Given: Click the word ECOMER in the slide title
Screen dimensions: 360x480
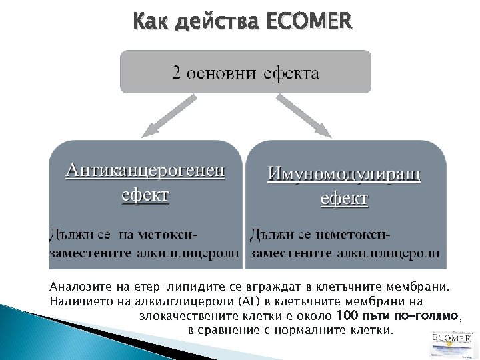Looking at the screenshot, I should [x=308, y=23].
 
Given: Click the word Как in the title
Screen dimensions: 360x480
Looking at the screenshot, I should [x=150, y=23].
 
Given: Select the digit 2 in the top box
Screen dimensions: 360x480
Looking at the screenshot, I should [x=177, y=73].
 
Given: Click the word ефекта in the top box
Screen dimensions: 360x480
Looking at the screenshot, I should [x=290, y=73].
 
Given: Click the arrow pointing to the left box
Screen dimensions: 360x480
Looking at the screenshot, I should [x=167, y=117].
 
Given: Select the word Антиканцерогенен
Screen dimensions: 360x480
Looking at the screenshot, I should [x=145, y=171].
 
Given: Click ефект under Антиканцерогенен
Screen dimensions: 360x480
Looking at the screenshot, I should [x=145, y=195].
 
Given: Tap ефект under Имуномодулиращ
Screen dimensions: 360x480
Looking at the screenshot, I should [x=344, y=198].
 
